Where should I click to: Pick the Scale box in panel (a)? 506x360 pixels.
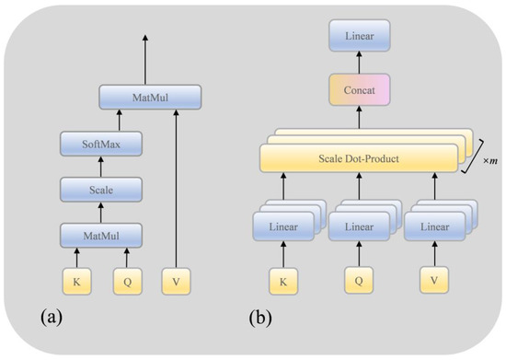pos(100,191)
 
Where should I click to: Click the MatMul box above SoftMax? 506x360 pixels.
pos(149,94)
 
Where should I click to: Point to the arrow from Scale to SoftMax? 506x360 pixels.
pos(100,167)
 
